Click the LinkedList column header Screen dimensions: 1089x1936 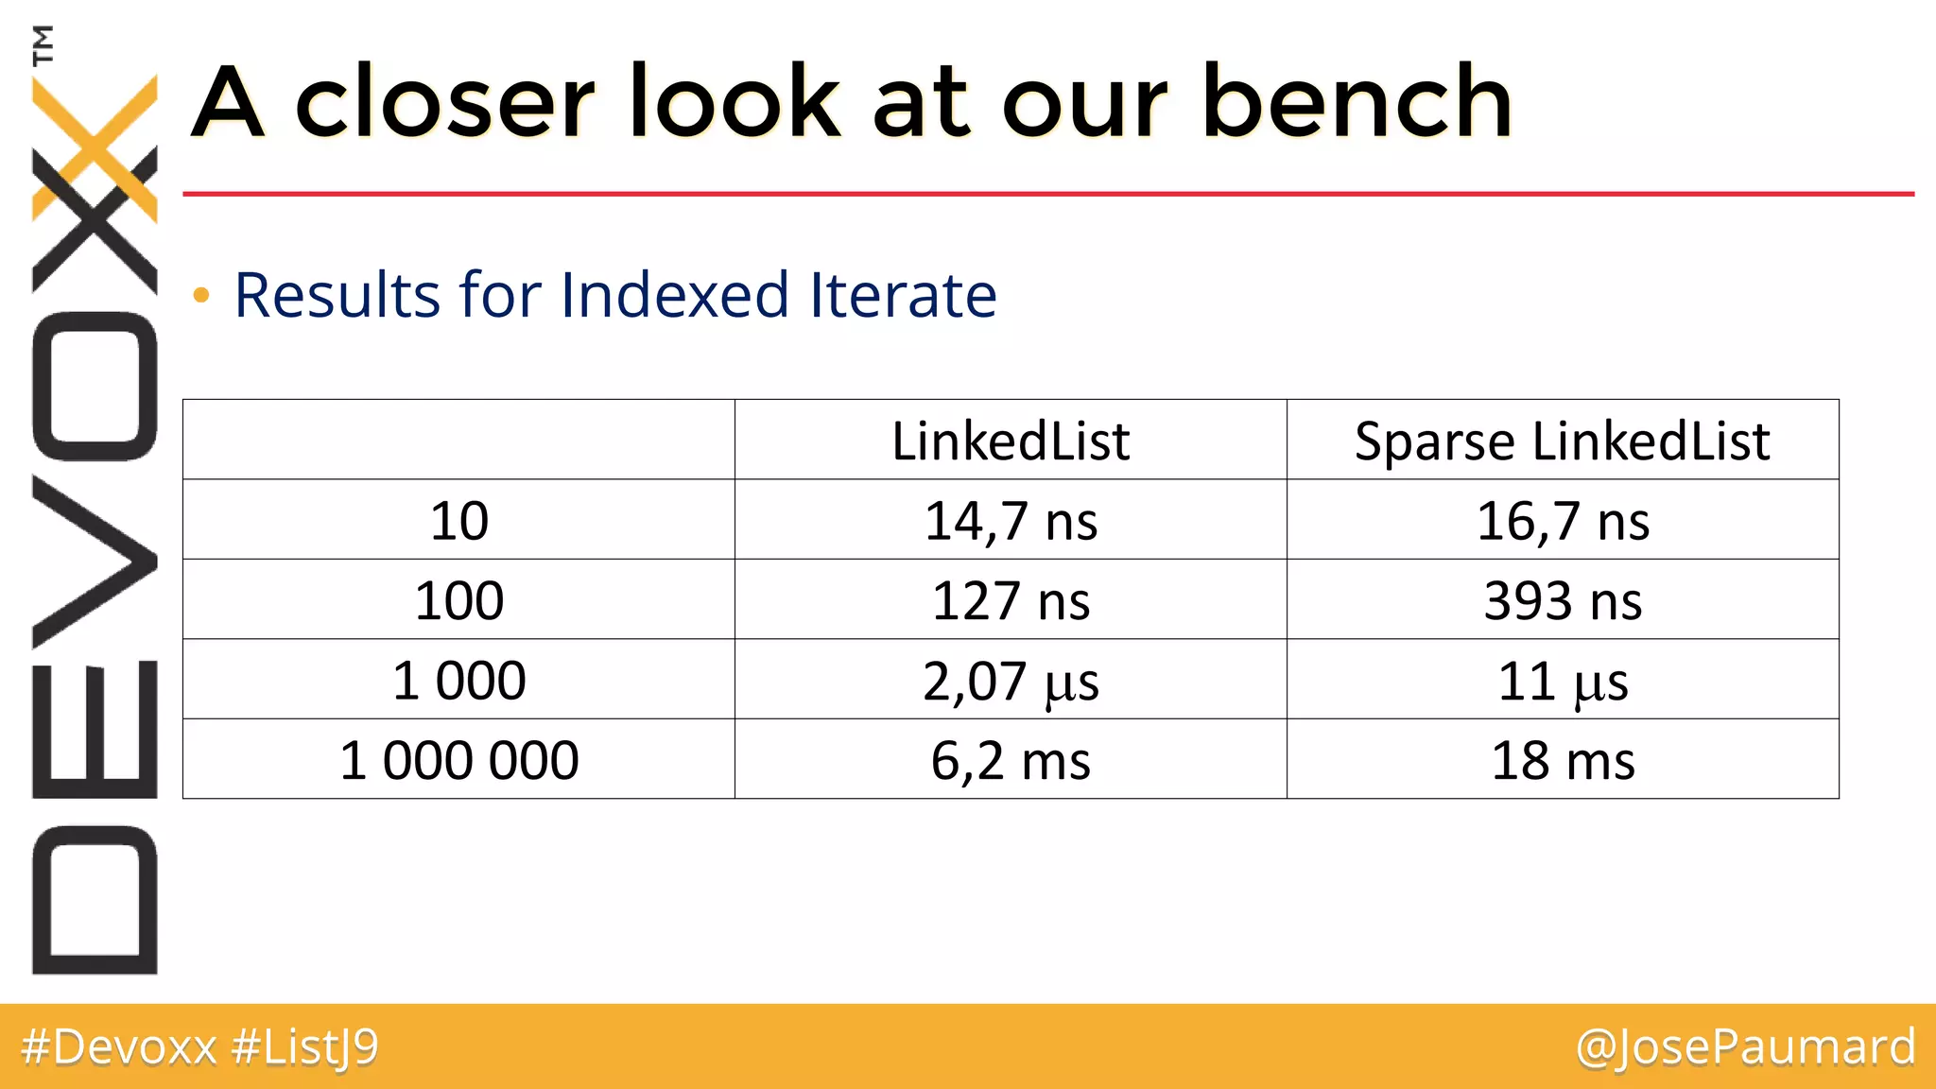tap(1011, 441)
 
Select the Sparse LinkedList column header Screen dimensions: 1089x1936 tap(1562, 441)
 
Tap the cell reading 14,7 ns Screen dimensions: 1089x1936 tap(1011, 521)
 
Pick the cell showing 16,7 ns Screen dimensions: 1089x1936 tap(1563, 521)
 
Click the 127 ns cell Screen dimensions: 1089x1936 tap(1011, 600)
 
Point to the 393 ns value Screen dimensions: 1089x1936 tap(1563, 600)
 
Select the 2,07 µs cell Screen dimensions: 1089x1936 tap(1011, 681)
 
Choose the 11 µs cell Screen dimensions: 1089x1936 tap(1563, 681)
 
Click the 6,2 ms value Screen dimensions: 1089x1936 tap(1011, 760)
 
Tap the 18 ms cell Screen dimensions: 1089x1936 tap(1563, 760)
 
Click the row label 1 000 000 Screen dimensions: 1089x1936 tap(458, 760)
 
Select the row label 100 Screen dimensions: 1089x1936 tap(458, 600)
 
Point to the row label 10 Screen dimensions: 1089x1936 tap(458, 521)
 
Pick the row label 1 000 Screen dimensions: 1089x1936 tap(458, 681)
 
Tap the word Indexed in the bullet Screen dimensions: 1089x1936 tap(674, 294)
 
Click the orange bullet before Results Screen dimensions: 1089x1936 tap(200, 296)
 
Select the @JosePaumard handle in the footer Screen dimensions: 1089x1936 tap(1745, 1047)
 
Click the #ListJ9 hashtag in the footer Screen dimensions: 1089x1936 tap(304, 1047)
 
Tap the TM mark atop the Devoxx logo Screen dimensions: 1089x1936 tap(43, 44)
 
